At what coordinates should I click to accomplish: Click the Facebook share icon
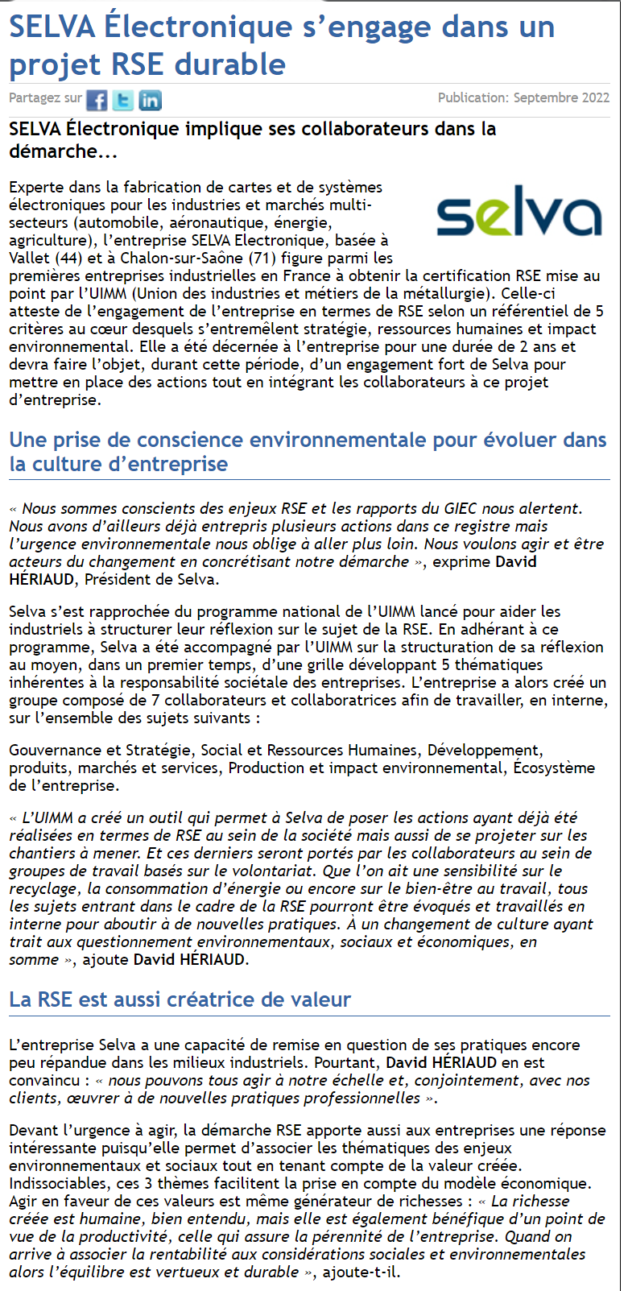point(97,100)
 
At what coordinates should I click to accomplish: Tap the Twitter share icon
point(123,100)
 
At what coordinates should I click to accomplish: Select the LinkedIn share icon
point(151,100)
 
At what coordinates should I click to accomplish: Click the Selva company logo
point(519,212)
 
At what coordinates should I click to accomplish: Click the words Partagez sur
point(45,98)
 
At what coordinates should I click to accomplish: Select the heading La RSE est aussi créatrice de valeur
point(180,999)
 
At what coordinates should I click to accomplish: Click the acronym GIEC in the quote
point(461,508)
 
